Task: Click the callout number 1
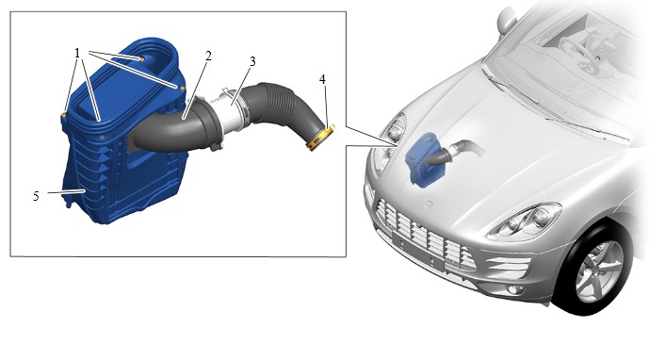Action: pos(77,53)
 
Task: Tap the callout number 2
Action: pos(208,56)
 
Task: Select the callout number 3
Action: pos(252,61)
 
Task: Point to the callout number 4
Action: pos(322,79)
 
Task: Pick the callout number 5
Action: pos(37,196)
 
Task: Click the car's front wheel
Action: pos(597,270)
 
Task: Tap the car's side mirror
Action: pos(506,19)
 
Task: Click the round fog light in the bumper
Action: pos(513,289)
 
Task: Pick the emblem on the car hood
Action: pos(430,205)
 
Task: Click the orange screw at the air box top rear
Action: pos(141,59)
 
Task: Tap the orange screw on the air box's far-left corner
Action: pos(64,115)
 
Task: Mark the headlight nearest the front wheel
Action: pos(525,221)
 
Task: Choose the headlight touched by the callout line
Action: pos(394,132)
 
